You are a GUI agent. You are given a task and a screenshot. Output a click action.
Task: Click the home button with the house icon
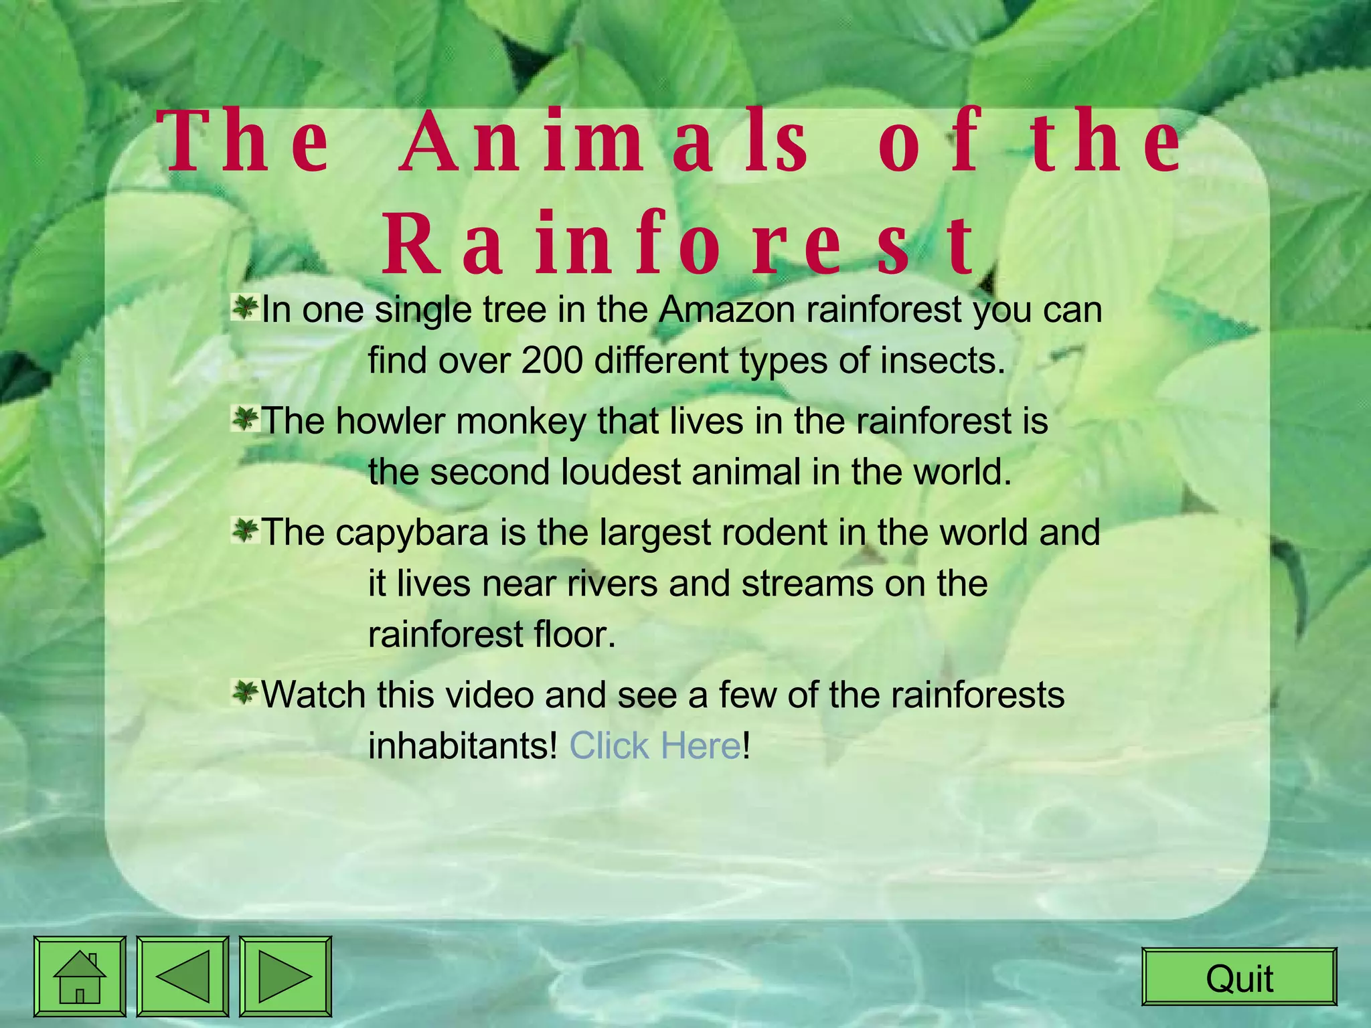pyautogui.click(x=80, y=976)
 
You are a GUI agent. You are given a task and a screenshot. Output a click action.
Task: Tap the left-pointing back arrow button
pyautogui.click(x=183, y=976)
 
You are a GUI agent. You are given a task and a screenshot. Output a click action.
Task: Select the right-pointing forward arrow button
pyautogui.click(x=285, y=976)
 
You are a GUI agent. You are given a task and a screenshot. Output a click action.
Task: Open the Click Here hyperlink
pyautogui.click(x=655, y=746)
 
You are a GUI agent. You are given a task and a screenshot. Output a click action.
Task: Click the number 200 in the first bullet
pyautogui.click(x=552, y=361)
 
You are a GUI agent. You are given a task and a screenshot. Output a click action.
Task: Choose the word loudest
pyautogui.click(x=620, y=472)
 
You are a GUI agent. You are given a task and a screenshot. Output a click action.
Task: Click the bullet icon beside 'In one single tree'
pyautogui.click(x=245, y=309)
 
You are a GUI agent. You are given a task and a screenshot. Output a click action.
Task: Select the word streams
pyautogui.click(x=807, y=584)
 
